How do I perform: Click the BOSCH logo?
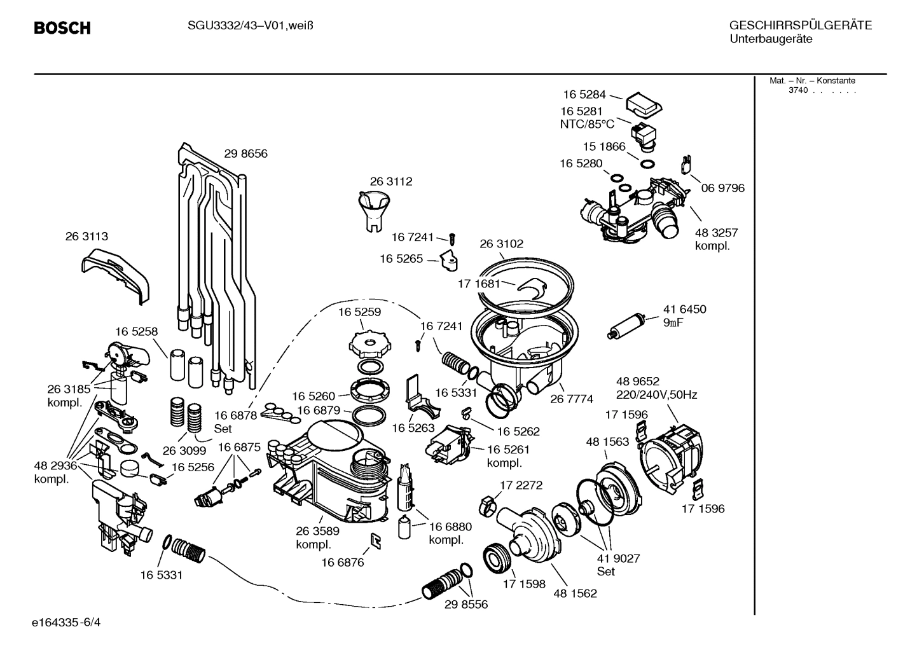click(x=62, y=28)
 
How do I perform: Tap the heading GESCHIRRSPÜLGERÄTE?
click(x=800, y=25)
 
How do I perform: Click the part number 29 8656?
click(x=245, y=153)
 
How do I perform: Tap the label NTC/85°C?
click(x=587, y=124)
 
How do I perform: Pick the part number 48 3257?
click(x=716, y=233)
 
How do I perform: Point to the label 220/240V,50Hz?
click(x=656, y=395)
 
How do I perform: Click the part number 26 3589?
click(x=317, y=531)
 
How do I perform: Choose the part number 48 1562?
click(x=575, y=593)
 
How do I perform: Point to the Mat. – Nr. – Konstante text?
click(x=812, y=81)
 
